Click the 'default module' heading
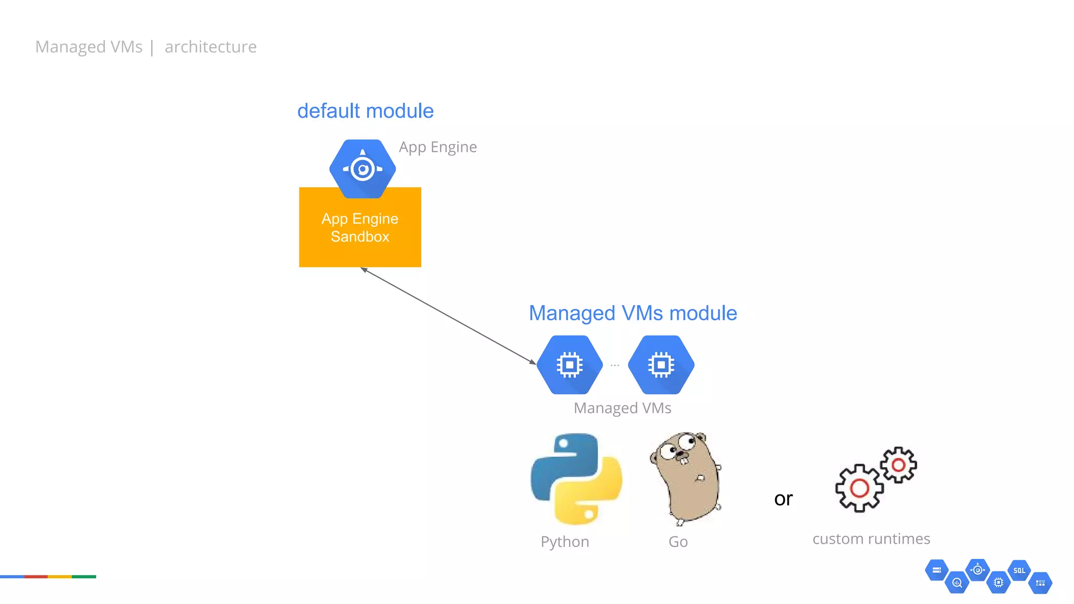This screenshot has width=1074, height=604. pyautogui.click(x=365, y=111)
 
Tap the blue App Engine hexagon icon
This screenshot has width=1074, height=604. pyautogui.click(x=362, y=168)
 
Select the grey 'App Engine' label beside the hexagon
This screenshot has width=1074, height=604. pyautogui.click(x=437, y=147)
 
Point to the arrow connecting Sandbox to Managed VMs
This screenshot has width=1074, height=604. pyautogui.click(x=448, y=316)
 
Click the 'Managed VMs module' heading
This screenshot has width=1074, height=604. pyautogui.click(x=632, y=313)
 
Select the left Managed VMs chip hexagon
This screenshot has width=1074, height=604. pyautogui.click(x=570, y=364)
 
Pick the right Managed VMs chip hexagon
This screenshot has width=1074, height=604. pyautogui.click(x=661, y=364)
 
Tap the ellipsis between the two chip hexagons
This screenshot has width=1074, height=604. pyautogui.click(x=615, y=364)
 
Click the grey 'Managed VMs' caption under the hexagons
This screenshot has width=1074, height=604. pyautogui.click(x=622, y=408)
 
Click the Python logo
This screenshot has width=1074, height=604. pyautogui.click(x=576, y=479)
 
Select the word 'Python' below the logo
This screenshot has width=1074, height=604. pyautogui.click(x=565, y=542)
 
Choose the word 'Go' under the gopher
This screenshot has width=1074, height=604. pyautogui.click(x=678, y=542)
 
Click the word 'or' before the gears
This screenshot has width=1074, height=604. pyautogui.click(x=783, y=499)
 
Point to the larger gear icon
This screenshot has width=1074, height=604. pyautogui.click(x=859, y=488)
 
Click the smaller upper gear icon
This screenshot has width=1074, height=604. pyautogui.click(x=898, y=465)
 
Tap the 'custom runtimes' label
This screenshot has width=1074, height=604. pyautogui.click(x=871, y=539)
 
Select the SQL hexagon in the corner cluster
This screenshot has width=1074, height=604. pyautogui.click(x=1019, y=570)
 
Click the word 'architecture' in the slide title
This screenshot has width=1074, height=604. pyautogui.click(x=210, y=47)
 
